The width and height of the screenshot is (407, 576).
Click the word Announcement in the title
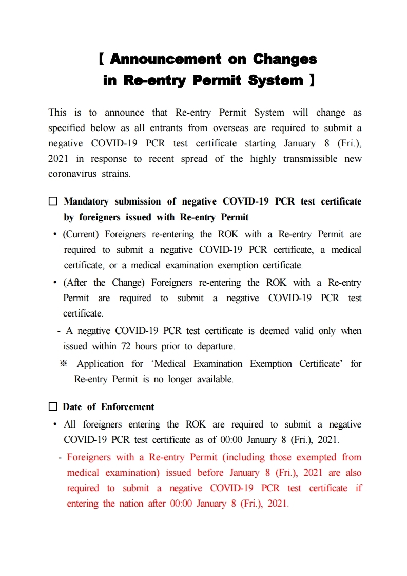coord(165,59)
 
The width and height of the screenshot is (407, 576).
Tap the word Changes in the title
coord(285,59)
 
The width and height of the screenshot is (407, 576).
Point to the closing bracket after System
coord(312,81)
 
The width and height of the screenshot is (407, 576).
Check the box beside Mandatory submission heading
coord(53,201)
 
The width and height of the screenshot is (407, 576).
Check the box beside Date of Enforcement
coord(53,407)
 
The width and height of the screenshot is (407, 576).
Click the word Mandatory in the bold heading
coord(86,201)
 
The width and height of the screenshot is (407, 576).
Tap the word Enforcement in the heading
coord(127,407)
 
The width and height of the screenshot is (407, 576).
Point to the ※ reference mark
coord(64,364)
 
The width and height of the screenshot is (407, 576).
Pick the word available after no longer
coord(215,379)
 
